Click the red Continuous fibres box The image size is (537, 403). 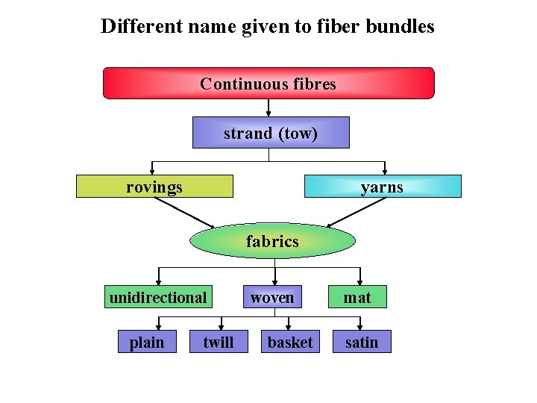coord(268,84)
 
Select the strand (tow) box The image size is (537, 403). coord(271,133)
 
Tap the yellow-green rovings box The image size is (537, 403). coord(154,187)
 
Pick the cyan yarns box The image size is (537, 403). coord(383,187)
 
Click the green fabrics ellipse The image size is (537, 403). coord(272,241)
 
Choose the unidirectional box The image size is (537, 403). coord(157,297)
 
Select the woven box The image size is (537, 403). coord(272,297)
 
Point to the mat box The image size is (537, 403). coord(357,297)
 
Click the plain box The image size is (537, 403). coord(147,342)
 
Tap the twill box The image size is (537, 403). coord(218,342)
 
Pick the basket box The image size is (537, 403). coord(290,342)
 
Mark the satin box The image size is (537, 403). coord(362,342)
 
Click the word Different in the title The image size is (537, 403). coord(141,27)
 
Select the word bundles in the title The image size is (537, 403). coord(402,27)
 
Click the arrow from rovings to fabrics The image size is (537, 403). coord(183,213)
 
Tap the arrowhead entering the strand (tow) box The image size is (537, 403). coord(268,113)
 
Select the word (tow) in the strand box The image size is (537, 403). coord(298,134)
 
